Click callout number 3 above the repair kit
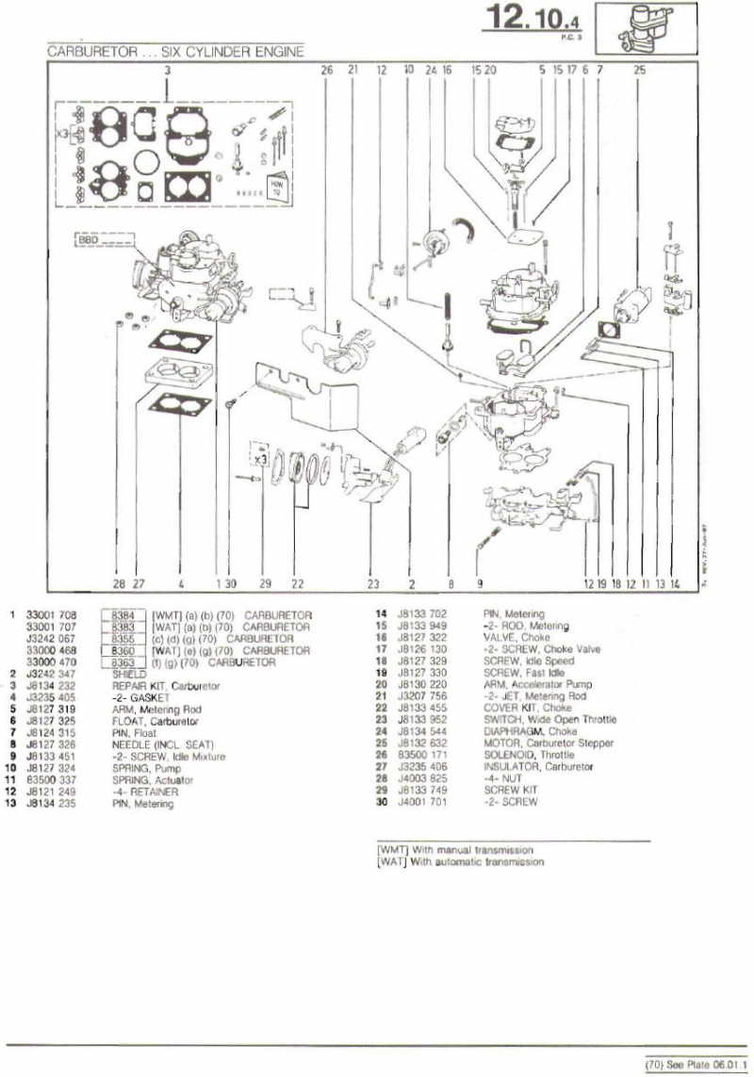167,70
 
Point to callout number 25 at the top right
640,70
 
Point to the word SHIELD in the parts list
128,675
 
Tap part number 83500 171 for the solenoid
422,755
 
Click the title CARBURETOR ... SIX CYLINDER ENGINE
175,53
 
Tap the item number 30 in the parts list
382,802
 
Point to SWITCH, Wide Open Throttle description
549,720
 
